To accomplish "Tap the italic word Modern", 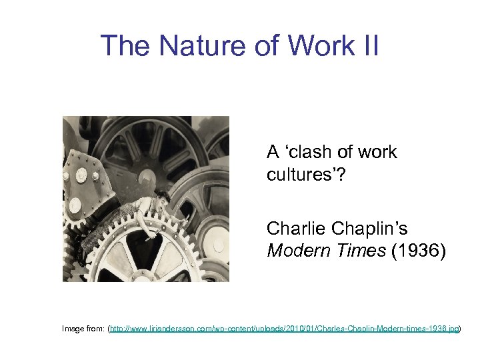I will point(294,251).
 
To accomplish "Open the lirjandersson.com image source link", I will point(284,329).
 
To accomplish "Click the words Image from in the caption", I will point(83,329).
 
